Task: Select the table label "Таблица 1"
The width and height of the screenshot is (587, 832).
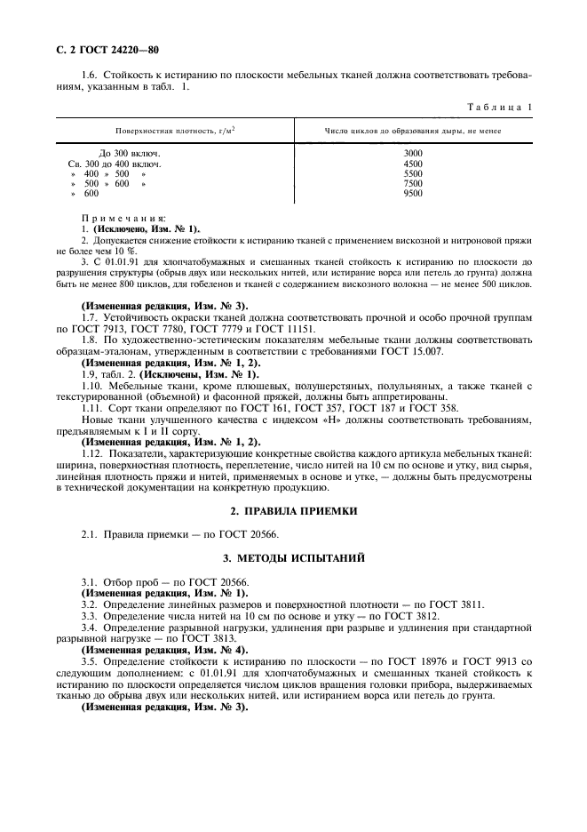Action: (x=500, y=108)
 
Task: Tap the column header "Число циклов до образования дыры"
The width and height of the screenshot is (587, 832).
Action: (x=413, y=132)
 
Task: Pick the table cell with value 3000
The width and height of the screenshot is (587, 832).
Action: (x=413, y=154)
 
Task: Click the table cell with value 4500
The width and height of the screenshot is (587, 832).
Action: (x=413, y=164)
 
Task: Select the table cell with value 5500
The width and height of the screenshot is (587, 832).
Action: (x=413, y=173)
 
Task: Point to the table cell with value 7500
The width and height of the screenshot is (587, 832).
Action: (x=413, y=183)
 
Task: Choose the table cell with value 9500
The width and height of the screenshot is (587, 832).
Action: (x=413, y=193)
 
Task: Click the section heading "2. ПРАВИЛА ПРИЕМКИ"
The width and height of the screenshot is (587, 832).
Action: (x=293, y=511)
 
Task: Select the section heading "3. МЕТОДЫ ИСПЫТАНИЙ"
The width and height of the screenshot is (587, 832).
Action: (x=293, y=557)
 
